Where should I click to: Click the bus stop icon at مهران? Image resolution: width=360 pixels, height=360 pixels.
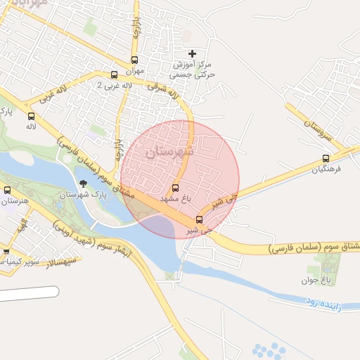coord(134,60)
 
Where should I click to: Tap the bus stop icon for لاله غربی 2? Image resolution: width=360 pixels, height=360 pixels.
coord(114,75)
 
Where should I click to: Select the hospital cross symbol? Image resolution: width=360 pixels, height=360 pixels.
coord(193,53)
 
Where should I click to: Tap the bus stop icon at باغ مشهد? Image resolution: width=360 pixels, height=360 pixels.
coord(175,188)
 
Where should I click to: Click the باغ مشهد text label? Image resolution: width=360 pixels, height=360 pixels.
coord(175,200)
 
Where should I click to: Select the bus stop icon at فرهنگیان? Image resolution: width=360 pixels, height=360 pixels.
coord(325,158)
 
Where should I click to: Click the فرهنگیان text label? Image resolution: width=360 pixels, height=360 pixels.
coord(328,169)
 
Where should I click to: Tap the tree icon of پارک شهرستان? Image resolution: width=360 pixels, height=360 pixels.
coord(84,184)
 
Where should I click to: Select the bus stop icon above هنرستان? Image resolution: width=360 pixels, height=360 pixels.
coord(8,190)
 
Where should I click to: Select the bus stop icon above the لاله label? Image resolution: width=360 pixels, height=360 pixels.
coord(30,116)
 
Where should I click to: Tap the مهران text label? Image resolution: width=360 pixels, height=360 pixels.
coord(134,72)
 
